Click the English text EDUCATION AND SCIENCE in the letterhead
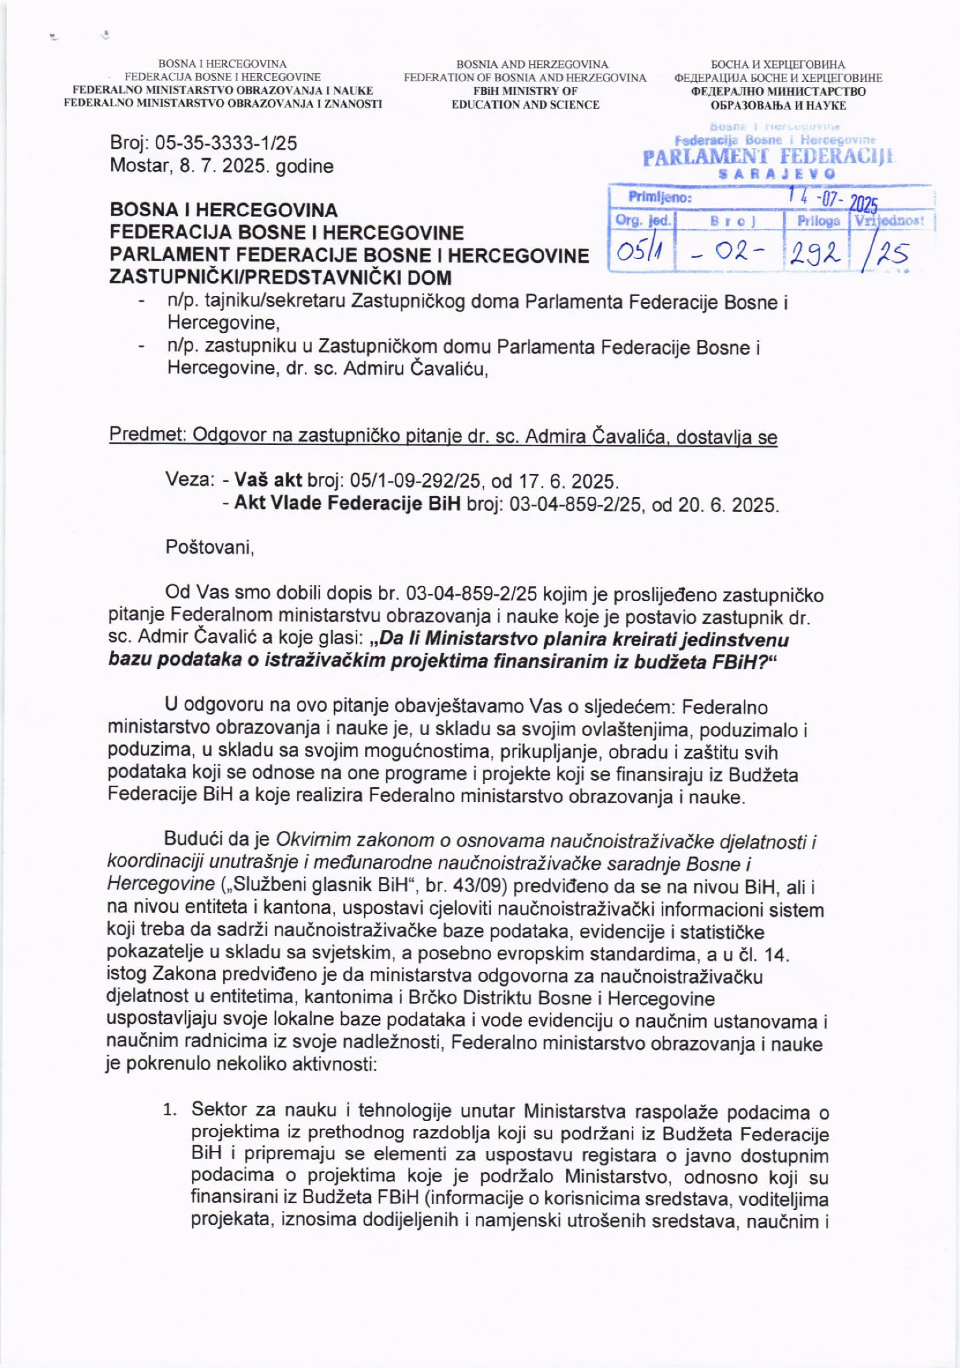click(x=525, y=105)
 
